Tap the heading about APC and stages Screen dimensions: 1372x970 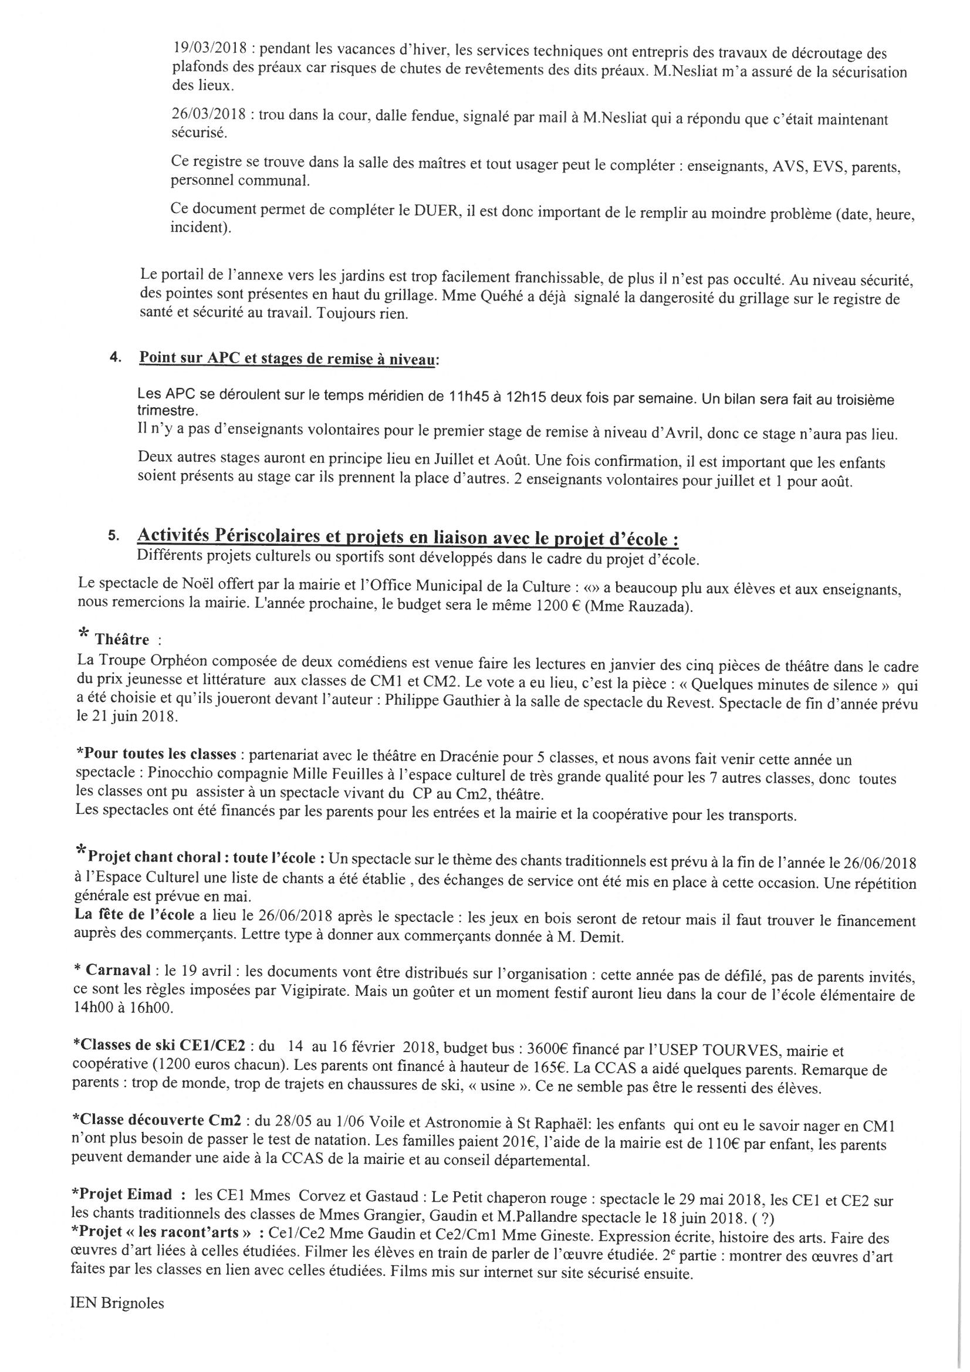(287, 359)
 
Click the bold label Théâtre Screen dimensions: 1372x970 (122, 640)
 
